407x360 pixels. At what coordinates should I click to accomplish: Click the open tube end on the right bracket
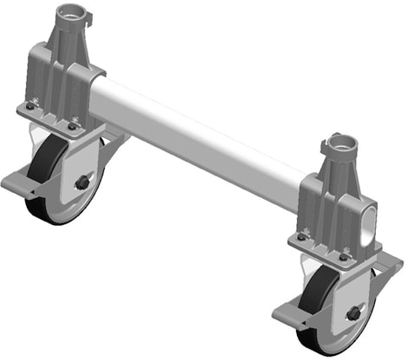[371, 226]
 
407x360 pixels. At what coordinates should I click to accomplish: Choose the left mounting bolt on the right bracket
[301, 236]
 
